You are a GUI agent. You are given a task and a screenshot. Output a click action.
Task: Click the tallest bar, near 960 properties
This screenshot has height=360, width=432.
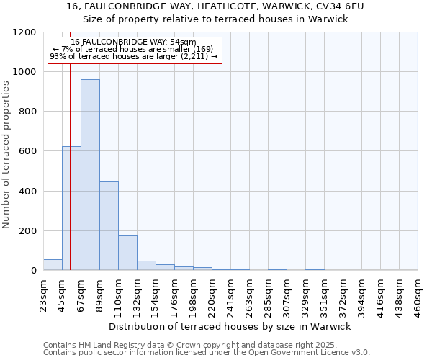click(90, 175)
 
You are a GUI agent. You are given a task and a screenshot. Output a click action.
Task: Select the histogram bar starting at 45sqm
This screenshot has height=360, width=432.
click(71, 208)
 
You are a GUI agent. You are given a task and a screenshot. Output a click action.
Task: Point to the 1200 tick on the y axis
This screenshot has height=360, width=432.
click(24, 32)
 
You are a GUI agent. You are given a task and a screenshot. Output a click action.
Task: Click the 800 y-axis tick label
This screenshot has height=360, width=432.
click(27, 112)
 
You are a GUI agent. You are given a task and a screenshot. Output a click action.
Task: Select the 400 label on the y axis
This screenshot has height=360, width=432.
click(27, 192)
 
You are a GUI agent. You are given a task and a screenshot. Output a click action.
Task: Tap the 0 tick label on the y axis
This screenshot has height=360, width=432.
click(34, 271)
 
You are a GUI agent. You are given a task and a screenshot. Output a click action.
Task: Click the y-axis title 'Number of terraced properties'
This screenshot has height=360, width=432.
click(7, 155)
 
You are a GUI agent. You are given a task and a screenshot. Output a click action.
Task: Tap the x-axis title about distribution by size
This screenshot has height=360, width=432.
click(234, 327)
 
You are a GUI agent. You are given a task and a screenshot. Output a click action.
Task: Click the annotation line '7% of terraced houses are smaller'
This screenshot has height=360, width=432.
click(133, 49)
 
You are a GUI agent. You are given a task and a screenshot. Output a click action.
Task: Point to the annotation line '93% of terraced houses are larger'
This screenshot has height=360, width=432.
click(133, 56)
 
